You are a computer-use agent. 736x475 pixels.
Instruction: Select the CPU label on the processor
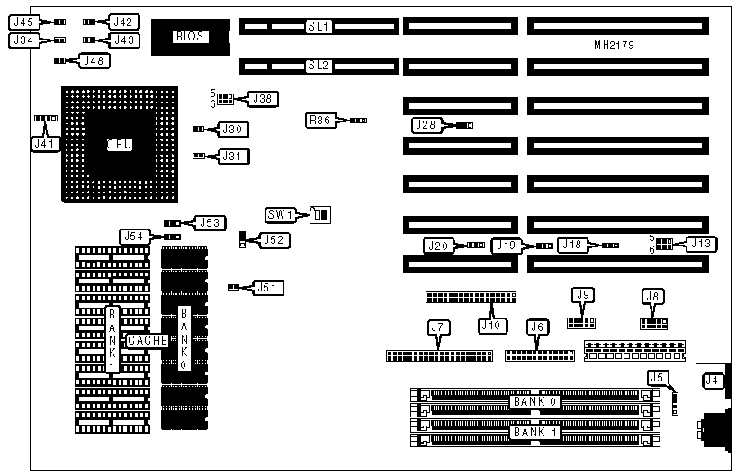(119, 144)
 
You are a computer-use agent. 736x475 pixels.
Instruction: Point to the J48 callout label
(94, 60)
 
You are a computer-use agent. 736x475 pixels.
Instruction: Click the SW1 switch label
(281, 214)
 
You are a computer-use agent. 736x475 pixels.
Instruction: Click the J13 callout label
(701, 243)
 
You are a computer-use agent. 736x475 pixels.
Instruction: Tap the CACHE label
(147, 341)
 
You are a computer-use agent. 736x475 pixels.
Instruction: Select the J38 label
(263, 98)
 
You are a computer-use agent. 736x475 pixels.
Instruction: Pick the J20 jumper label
(438, 246)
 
